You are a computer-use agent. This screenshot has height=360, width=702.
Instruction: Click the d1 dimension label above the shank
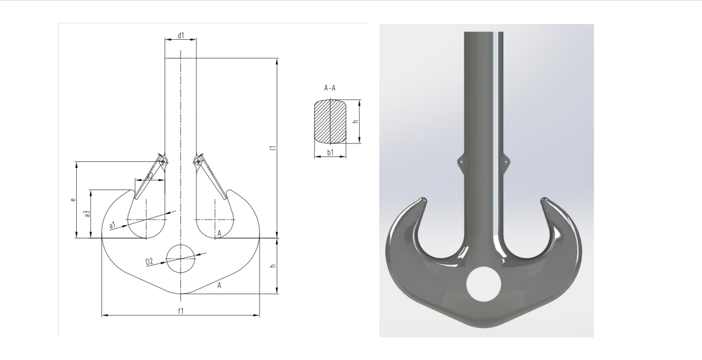pyautogui.click(x=181, y=35)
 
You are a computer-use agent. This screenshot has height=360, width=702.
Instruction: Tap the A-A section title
pyautogui.click(x=330, y=88)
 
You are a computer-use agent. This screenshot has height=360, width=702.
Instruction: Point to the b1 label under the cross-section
pyautogui.click(x=330, y=152)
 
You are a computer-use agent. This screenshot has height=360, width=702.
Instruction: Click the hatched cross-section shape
pyautogui.click(x=330, y=121)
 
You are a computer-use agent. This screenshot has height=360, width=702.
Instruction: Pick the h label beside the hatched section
pyautogui.click(x=355, y=121)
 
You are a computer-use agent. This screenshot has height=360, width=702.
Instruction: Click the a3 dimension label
pyautogui.click(x=88, y=214)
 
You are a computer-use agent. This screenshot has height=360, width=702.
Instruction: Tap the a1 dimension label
pyautogui.click(x=112, y=224)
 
